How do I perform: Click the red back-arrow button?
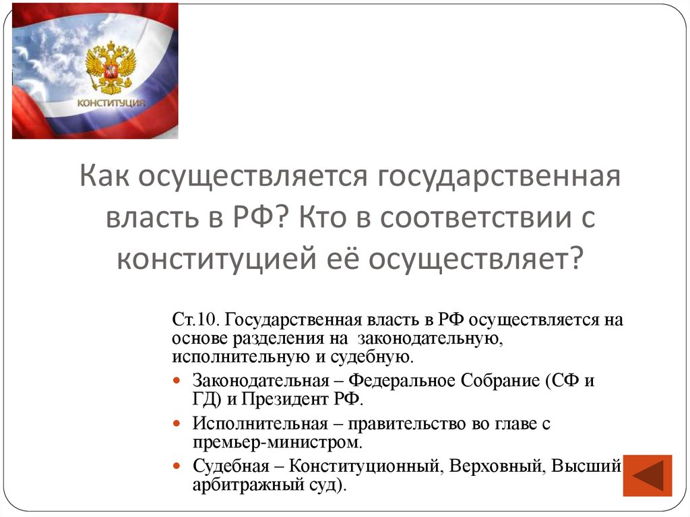(648, 476)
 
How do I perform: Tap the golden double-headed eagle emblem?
(111, 67)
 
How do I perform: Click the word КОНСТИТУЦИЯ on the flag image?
(111, 102)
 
